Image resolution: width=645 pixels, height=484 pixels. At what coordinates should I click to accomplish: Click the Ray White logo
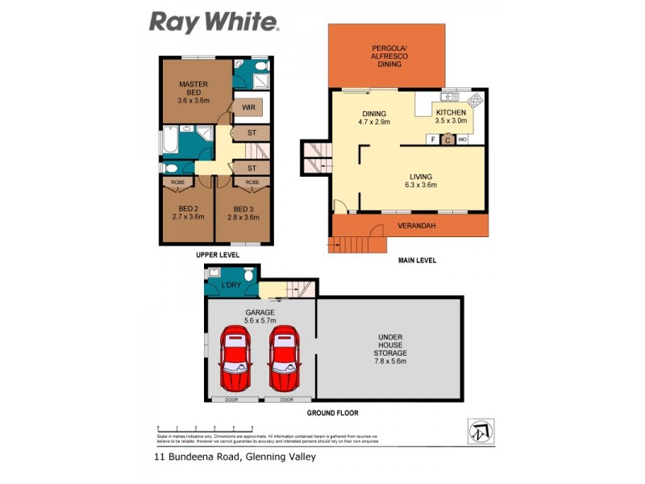[x=214, y=22]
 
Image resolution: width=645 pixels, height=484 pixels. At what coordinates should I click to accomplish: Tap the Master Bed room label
[x=193, y=92]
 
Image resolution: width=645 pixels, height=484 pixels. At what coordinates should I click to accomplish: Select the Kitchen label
[x=451, y=115]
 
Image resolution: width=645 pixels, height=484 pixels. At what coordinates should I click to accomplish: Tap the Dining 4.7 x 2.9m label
[x=374, y=118]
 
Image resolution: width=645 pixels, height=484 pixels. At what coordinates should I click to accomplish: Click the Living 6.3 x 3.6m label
[x=420, y=180]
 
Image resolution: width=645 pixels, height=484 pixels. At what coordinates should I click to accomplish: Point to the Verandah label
[x=417, y=225]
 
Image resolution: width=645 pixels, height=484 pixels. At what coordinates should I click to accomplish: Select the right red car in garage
[x=286, y=360]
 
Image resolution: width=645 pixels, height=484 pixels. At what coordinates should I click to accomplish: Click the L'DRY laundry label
[x=231, y=286]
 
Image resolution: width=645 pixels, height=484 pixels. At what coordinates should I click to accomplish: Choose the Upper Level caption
[x=218, y=255]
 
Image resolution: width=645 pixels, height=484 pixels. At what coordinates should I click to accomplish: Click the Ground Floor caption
[x=332, y=412]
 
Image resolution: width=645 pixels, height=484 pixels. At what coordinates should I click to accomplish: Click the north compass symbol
[x=481, y=431]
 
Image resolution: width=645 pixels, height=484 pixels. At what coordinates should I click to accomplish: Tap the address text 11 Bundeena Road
[x=235, y=457]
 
